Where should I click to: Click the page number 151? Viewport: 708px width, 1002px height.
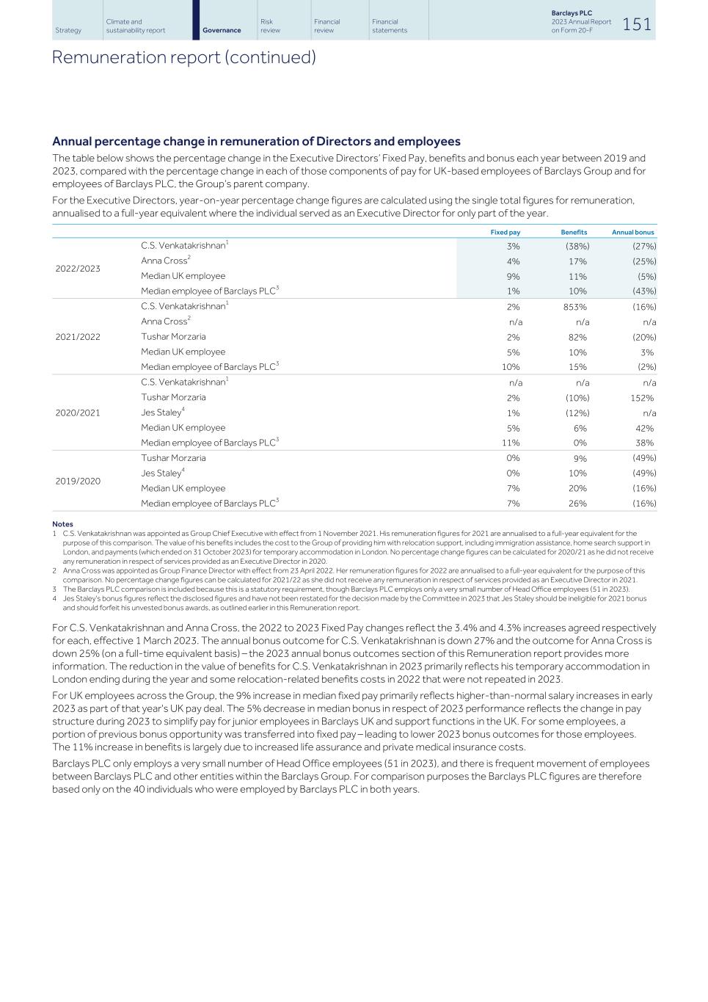pyautogui.click(x=636, y=24)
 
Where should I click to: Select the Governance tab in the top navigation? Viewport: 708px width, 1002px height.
pyautogui.click(x=222, y=30)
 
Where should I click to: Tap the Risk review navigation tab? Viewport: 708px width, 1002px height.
pyautogui.click(x=270, y=26)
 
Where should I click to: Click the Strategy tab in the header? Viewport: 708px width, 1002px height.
pyautogui.click(x=68, y=30)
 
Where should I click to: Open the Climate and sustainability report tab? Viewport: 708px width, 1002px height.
pyautogui.click(x=136, y=26)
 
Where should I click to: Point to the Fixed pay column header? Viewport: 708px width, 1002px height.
pyautogui.click(x=505, y=232)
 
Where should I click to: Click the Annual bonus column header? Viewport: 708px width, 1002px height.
pyautogui.click(x=632, y=232)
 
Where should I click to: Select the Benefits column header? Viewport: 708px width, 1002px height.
pyautogui.click(x=574, y=232)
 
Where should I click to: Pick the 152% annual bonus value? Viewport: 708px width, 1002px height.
pyautogui.click(x=642, y=398)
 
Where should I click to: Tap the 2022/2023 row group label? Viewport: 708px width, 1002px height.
pyautogui.click(x=78, y=269)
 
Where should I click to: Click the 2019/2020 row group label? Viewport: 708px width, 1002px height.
pyautogui.click(x=78, y=481)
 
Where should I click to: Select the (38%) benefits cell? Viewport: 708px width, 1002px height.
pyautogui.click(x=577, y=247)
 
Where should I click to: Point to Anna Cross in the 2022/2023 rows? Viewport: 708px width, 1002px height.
pyautogui.click(x=165, y=261)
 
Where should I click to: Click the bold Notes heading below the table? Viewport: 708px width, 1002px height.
pyautogui.click(x=62, y=524)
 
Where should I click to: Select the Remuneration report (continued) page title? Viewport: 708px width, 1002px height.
pyautogui.click(x=183, y=57)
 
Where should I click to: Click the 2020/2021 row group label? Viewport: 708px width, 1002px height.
pyautogui.click(x=78, y=413)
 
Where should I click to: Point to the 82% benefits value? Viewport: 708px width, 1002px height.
pyautogui.click(x=577, y=338)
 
